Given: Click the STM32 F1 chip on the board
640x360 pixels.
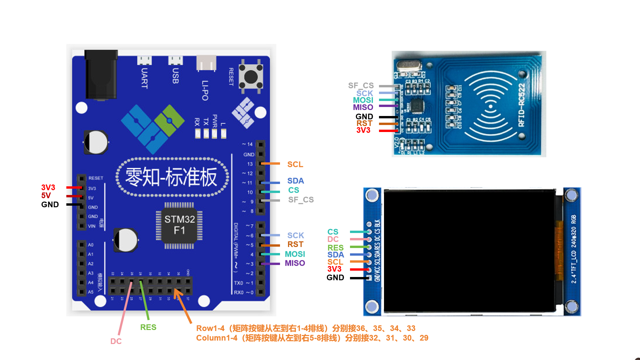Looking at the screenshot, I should (x=179, y=225).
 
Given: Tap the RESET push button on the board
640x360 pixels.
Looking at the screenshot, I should (x=251, y=77).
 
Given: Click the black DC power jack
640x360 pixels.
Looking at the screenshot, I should (x=101, y=75).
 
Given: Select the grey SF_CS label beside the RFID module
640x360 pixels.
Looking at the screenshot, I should (x=361, y=86).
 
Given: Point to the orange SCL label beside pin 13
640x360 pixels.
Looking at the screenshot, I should (x=295, y=164).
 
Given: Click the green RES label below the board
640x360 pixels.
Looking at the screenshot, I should (x=148, y=327).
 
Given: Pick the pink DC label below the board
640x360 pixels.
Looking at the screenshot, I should (x=116, y=341).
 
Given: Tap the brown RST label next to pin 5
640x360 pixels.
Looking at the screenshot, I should (x=295, y=244).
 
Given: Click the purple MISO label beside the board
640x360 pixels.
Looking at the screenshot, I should (x=295, y=263).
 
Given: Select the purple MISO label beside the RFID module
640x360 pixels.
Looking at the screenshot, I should (x=363, y=107).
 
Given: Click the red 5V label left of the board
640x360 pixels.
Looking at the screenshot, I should (x=46, y=196).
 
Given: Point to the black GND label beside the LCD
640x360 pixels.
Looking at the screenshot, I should (x=335, y=278).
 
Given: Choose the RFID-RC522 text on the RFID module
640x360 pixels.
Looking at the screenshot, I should (x=522, y=105).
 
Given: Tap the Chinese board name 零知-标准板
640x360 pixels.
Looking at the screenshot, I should (x=171, y=177).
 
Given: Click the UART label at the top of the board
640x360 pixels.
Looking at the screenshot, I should (x=144, y=78).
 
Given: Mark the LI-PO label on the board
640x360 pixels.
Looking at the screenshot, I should (x=205, y=90).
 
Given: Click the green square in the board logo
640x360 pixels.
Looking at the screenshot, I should (x=169, y=120).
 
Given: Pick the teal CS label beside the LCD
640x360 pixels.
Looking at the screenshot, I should (x=333, y=232).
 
